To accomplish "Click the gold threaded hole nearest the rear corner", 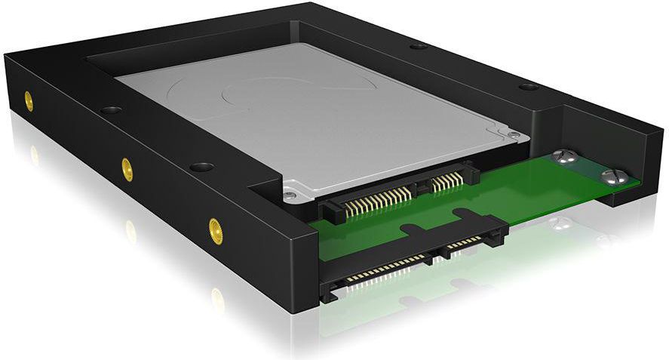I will tap(28, 101).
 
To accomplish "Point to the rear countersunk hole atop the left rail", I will tap(111, 110).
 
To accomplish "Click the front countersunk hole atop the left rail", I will tap(201, 166).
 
